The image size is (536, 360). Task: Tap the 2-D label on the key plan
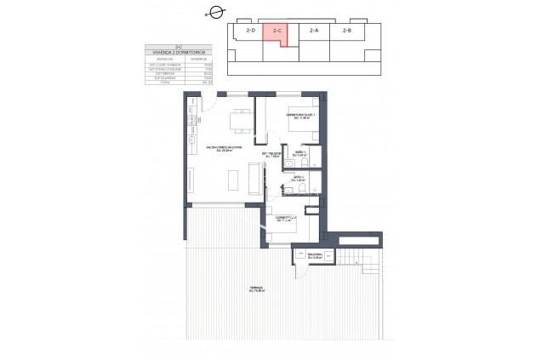point(251,31)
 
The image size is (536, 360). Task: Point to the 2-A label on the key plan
point(313,31)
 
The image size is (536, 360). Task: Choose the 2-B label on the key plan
point(347,31)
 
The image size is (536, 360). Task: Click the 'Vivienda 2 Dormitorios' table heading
point(178,53)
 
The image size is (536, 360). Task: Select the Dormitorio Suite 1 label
point(301,116)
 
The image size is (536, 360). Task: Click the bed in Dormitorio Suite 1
point(298,132)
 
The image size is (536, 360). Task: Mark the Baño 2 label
point(298,179)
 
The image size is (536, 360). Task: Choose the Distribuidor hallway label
point(272,155)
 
